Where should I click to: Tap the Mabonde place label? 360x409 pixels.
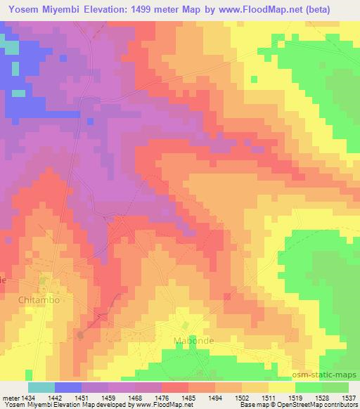[x=193, y=341]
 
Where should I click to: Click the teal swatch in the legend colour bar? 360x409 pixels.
[x=41, y=387]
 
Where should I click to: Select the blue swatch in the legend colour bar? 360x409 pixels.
[x=67, y=387]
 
